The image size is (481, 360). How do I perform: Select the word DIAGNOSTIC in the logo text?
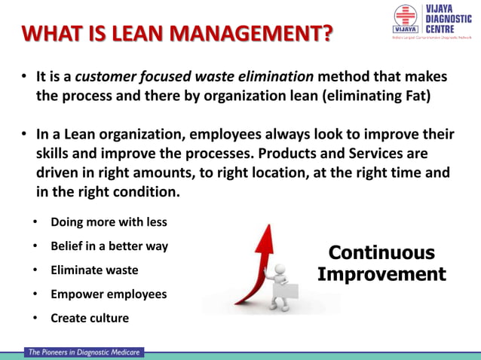coord(447,20)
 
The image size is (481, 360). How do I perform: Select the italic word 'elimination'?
coord(276,78)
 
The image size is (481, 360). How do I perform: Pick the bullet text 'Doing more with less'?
coord(109,223)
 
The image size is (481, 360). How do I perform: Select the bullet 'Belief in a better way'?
coord(109,246)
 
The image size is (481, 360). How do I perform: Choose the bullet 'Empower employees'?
coord(108,294)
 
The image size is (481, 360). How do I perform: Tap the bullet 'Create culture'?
coord(89,318)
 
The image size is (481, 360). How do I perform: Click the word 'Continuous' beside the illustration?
coord(381,253)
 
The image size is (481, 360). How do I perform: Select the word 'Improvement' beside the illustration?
coord(381,274)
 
